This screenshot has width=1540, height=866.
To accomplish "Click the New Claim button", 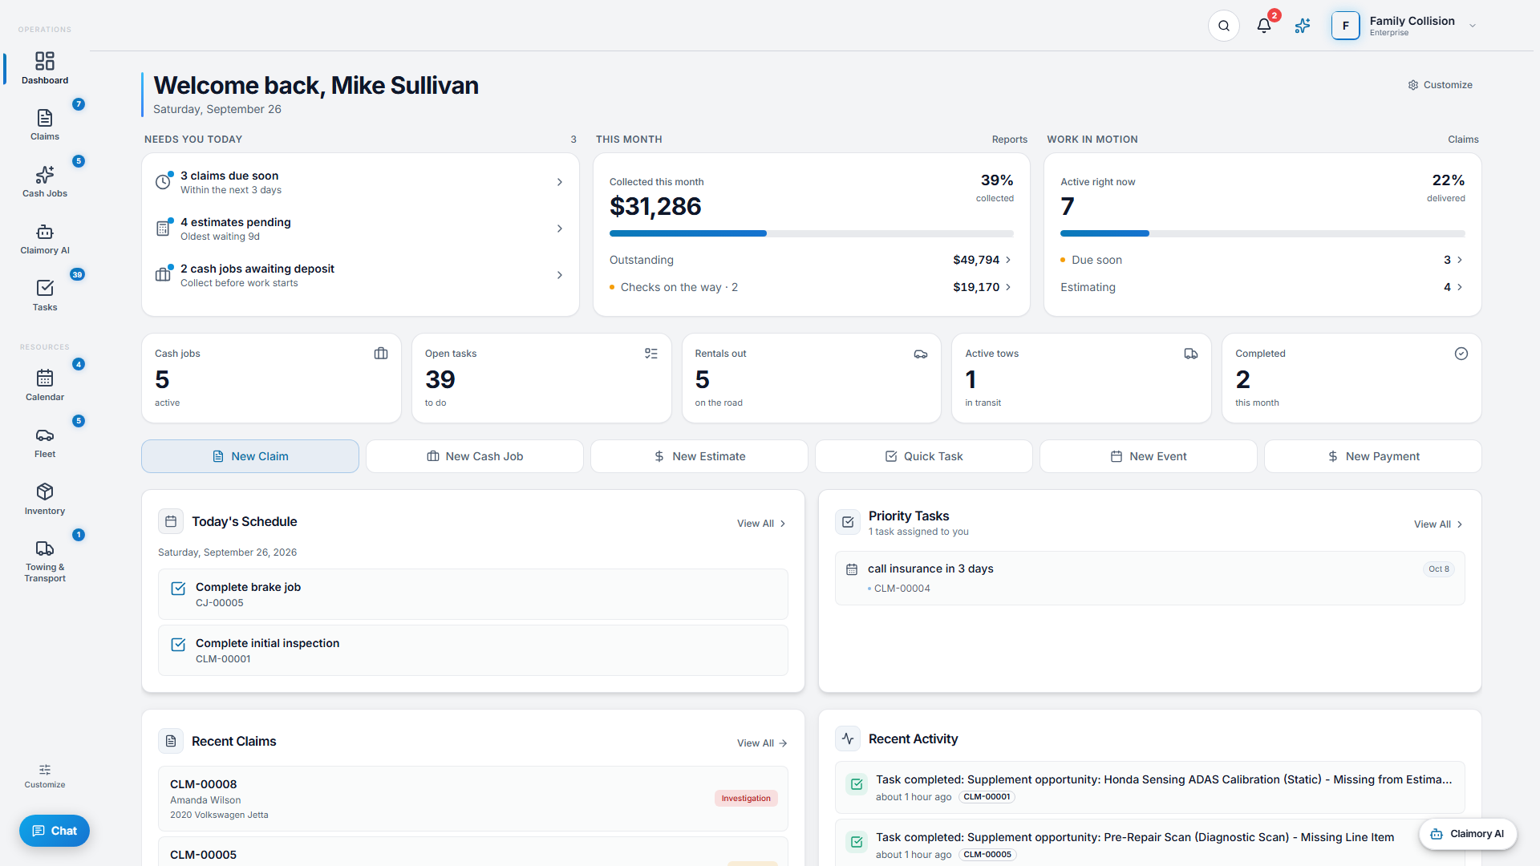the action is (x=250, y=456).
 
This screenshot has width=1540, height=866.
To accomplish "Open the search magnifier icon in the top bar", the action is (x=1224, y=26).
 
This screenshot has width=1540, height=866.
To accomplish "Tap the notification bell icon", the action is (x=1264, y=26).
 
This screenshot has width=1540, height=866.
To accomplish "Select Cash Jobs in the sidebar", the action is (x=45, y=181).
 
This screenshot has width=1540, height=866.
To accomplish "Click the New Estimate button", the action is (x=699, y=456).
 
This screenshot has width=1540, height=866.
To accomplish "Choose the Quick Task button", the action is (x=924, y=456).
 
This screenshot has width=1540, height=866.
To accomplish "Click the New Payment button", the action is (x=1373, y=456).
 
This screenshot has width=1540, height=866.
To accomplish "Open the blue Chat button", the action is (x=55, y=831).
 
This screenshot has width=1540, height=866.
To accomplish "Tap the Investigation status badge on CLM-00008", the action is (x=746, y=799).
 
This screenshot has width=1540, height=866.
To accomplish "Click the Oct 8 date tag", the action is (x=1439, y=569).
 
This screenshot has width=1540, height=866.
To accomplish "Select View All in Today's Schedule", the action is (x=761, y=524).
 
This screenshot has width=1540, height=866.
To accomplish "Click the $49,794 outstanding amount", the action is (x=976, y=260).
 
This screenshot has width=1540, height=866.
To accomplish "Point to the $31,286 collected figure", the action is (x=655, y=207).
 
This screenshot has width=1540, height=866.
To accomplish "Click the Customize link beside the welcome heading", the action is (x=1441, y=85).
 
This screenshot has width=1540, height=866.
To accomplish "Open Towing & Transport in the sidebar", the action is (x=45, y=561).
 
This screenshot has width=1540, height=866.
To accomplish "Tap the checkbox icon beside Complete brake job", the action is (x=178, y=589).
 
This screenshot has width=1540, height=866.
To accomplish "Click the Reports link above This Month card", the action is (x=1009, y=140).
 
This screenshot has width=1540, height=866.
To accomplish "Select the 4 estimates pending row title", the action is (x=236, y=222).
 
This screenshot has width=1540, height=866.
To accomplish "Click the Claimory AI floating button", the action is (x=1468, y=834).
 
